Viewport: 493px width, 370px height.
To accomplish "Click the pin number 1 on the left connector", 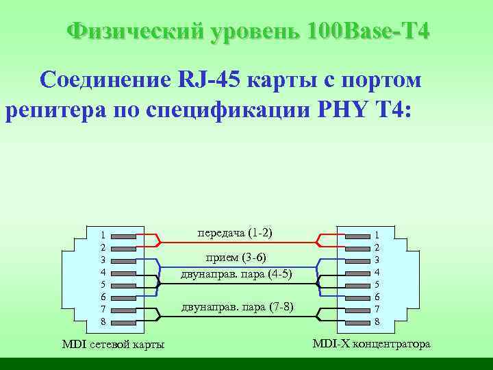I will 103,234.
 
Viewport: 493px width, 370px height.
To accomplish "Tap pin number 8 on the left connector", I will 103,321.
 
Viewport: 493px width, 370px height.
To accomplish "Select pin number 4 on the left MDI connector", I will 103,272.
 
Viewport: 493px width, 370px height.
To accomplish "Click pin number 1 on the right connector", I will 377,234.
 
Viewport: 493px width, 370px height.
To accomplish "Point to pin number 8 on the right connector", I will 377,321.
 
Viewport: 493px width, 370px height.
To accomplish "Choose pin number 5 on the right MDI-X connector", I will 377,284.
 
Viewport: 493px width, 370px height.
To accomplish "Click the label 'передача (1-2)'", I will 235,233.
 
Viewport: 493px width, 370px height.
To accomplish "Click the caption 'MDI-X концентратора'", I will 371,343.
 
